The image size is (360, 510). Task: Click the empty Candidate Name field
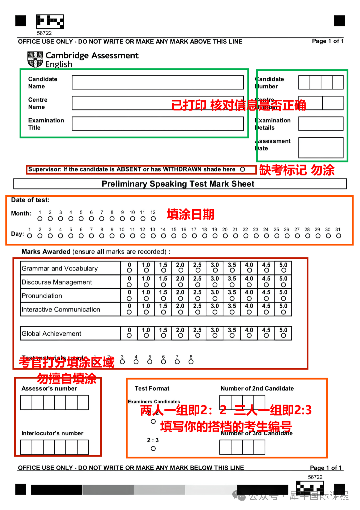coord(158,82)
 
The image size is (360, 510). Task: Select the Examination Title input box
coord(158,124)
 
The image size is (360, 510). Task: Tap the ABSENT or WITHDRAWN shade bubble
coord(243,169)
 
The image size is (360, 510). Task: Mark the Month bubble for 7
coord(102,219)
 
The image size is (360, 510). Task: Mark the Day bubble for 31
coord(339,236)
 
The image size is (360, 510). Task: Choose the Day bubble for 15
coord(174,236)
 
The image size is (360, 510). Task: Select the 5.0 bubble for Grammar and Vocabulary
coord(283,271)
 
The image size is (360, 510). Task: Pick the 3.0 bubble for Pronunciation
coord(215,299)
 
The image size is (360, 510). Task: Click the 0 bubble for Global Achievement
coord(129,336)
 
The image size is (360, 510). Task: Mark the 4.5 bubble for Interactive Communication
coord(266,312)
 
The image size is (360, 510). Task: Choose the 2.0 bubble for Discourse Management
coord(180,285)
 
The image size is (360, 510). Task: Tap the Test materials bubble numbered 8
coord(191,362)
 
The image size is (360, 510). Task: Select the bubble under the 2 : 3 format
coord(153,449)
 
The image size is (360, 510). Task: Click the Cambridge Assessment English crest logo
coord(35,59)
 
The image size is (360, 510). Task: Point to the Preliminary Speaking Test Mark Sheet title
coord(178,184)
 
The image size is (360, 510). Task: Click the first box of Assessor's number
coord(26,403)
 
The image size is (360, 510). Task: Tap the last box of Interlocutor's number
coord(83,447)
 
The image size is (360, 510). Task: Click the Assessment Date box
coord(321,147)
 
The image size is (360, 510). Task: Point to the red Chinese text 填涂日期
coord(190,214)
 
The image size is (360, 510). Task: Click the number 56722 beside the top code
coord(44,33)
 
